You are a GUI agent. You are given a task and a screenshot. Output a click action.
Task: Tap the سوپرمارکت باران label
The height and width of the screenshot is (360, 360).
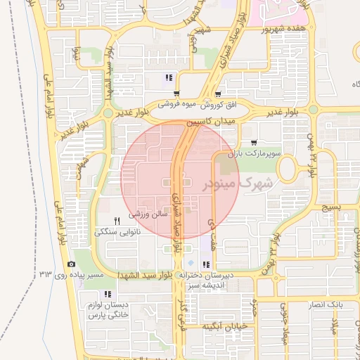tap(258, 152)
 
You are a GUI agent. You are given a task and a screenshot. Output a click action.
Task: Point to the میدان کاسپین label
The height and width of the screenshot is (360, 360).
tap(218, 120)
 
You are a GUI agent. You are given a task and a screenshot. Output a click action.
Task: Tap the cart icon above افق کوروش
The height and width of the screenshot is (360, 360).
tap(219, 93)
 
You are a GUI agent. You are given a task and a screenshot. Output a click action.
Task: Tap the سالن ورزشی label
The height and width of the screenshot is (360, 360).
tap(147, 211)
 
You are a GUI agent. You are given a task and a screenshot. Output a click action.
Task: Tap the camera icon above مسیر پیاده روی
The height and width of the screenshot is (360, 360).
tap(71, 264)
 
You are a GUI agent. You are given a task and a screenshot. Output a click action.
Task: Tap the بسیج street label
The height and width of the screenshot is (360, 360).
tap(330, 208)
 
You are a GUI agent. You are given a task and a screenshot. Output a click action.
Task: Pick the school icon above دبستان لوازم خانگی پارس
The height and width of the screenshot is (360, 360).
tap(107, 294)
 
